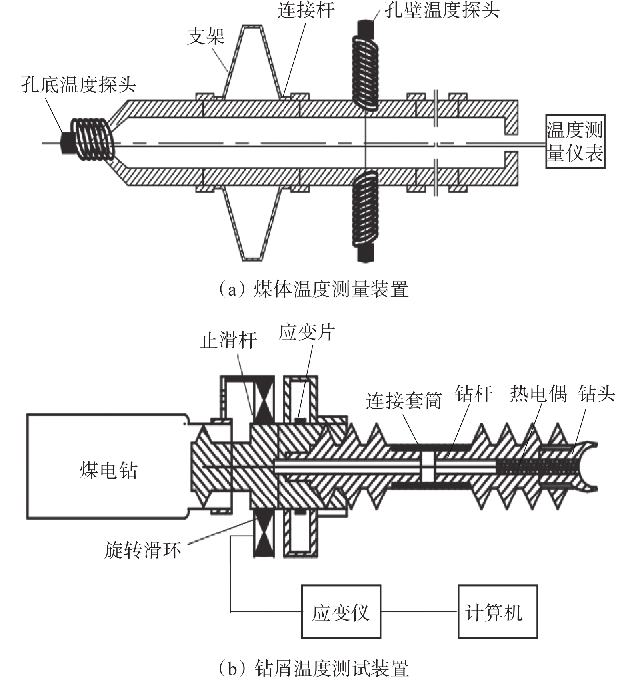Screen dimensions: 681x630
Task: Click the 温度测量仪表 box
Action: [575, 142]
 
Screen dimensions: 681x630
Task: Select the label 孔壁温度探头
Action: [442, 10]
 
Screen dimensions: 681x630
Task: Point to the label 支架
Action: [206, 37]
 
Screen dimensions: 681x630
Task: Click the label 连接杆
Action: [306, 10]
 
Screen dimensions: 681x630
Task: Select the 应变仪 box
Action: [341, 611]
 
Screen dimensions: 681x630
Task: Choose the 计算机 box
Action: [497, 611]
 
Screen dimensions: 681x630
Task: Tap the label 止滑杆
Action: [228, 340]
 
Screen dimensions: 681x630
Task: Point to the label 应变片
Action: [307, 332]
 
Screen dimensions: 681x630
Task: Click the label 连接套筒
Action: [404, 401]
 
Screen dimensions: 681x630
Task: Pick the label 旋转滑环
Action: [143, 550]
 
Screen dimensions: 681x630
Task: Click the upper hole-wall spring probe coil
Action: [365, 72]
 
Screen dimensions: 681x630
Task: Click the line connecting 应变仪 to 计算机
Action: [419, 611]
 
